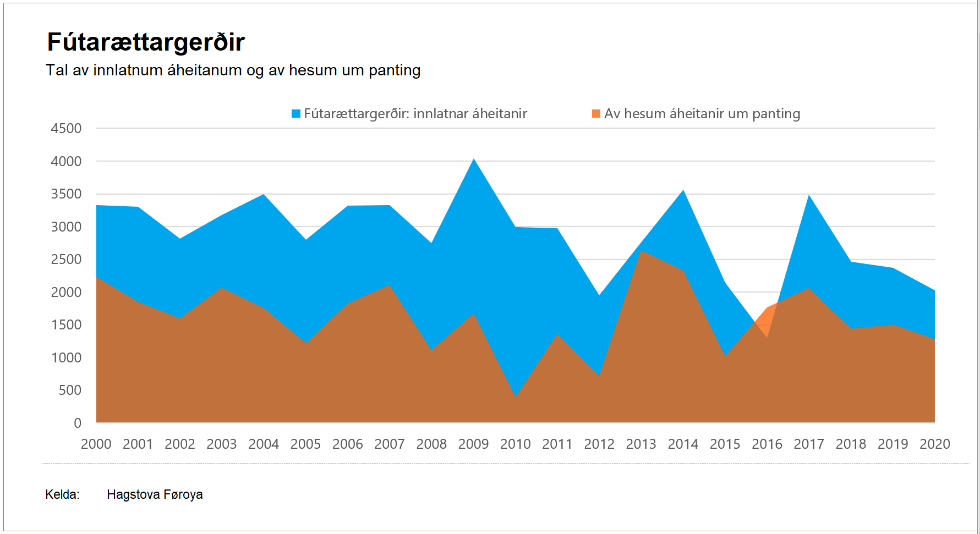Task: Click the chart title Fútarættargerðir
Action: (x=146, y=42)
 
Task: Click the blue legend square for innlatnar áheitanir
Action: (x=296, y=114)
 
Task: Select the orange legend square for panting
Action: (x=596, y=114)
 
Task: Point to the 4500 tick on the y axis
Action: (x=66, y=129)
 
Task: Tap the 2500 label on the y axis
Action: (x=66, y=260)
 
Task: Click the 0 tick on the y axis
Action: (x=78, y=423)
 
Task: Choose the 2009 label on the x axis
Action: (x=473, y=444)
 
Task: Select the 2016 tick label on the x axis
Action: (x=767, y=444)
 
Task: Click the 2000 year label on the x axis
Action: (x=96, y=444)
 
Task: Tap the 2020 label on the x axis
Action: (x=934, y=444)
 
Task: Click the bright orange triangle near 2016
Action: (x=768, y=322)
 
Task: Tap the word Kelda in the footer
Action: (x=62, y=494)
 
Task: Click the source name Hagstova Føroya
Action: (x=155, y=494)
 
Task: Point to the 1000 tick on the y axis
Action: (x=66, y=357)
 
